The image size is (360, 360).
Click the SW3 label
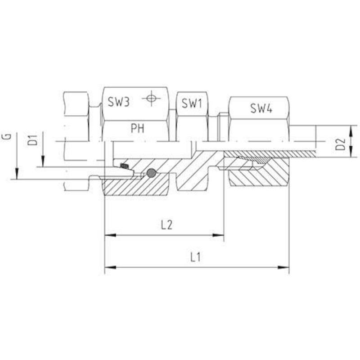pyautogui.click(x=119, y=102)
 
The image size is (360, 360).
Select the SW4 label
pyautogui.click(x=261, y=108)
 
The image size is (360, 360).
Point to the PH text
pyautogui.click(x=138, y=128)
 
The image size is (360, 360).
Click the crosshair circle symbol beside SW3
pyautogui.click(x=151, y=98)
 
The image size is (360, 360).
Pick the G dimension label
pyautogui.click(x=7, y=137)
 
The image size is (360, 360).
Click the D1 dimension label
pyautogui.click(x=33, y=140)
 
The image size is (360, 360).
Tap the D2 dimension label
pyautogui.click(x=341, y=144)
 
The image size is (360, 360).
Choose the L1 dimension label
pyautogui.click(x=195, y=257)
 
